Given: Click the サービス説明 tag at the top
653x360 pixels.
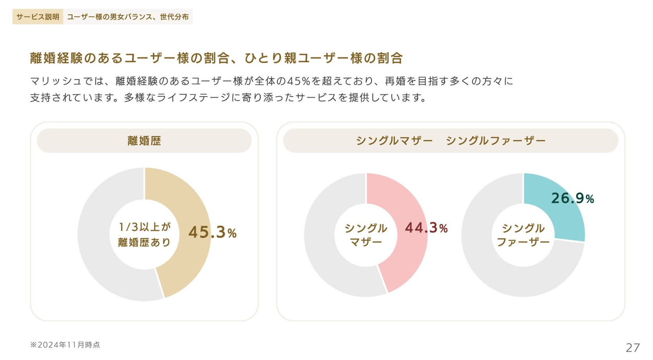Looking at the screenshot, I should pyautogui.click(x=38, y=17).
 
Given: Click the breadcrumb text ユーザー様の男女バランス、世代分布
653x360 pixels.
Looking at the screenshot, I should pyautogui.click(x=128, y=17).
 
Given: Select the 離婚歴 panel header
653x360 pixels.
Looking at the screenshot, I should pyautogui.click(x=144, y=140).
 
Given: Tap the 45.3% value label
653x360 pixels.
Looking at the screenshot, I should pyautogui.click(x=212, y=232).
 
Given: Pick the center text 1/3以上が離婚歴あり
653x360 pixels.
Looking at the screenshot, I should pyautogui.click(x=144, y=234).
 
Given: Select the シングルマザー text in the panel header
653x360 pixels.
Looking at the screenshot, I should pyautogui.click(x=394, y=140).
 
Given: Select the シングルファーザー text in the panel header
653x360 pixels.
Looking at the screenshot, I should pyautogui.click(x=495, y=140).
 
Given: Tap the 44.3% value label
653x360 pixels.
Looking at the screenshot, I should pyautogui.click(x=426, y=228).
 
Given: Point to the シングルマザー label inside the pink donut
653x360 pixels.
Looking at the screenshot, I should pyautogui.click(x=366, y=235).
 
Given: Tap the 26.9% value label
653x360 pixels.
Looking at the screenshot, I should pyautogui.click(x=572, y=198).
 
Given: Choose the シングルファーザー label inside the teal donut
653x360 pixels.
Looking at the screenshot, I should pyautogui.click(x=523, y=235).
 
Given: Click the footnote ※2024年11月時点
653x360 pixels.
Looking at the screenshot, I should pyautogui.click(x=65, y=345).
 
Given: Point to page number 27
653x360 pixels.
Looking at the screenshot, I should pyautogui.click(x=633, y=347).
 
